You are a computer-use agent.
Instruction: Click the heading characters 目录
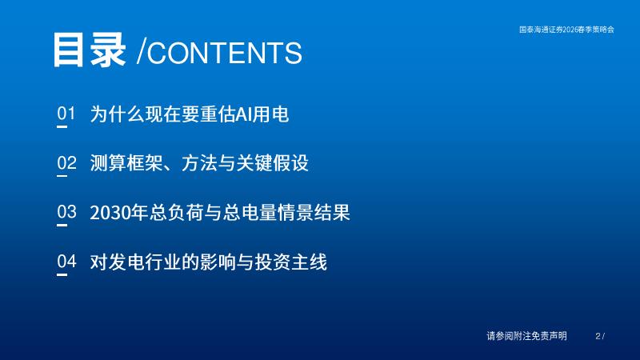[x=90, y=50]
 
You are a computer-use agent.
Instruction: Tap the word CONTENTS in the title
[x=225, y=53]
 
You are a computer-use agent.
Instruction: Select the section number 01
[x=66, y=114]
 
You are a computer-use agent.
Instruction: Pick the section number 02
[x=66, y=163]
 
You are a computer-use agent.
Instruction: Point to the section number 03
[x=66, y=212]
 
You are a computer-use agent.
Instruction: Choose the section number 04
[x=66, y=262]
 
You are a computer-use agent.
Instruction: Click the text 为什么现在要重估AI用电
[x=190, y=114]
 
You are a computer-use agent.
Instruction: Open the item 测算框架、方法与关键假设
[x=199, y=163]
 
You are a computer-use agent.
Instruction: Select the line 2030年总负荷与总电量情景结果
[x=220, y=213]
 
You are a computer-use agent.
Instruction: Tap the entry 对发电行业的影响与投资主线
[x=209, y=262]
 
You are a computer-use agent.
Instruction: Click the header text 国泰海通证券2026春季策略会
[x=566, y=30]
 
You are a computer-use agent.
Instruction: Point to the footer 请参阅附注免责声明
[x=526, y=336]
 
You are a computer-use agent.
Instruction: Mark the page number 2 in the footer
[x=598, y=336]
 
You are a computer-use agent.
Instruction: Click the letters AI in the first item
[x=244, y=114]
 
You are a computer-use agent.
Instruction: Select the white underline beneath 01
[x=62, y=127]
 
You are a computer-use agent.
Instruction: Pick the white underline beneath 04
[x=62, y=274]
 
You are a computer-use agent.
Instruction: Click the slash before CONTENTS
[x=142, y=52]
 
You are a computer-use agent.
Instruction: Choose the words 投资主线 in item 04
[x=291, y=262]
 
